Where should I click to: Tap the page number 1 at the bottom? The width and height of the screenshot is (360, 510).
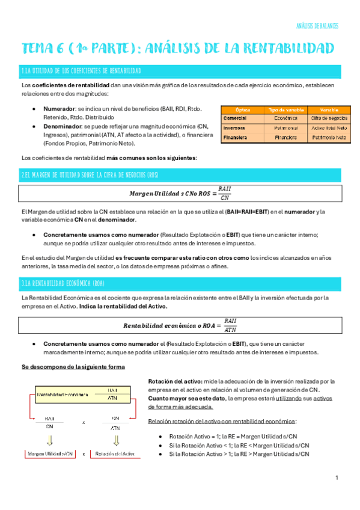coord(337,478)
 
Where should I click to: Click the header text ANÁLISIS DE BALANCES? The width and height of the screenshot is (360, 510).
coord(317,26)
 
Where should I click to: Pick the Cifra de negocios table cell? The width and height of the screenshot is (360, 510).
coord(329,118)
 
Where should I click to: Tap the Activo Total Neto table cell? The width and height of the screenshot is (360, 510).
coord(329,128)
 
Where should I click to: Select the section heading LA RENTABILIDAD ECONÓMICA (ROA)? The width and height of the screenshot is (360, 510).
coord(72,283)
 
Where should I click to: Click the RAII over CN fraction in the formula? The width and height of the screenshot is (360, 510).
coord(225,193)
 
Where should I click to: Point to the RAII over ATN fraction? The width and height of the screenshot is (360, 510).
coord(230,325)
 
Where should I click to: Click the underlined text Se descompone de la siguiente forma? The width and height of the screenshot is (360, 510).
coord(73,367)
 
